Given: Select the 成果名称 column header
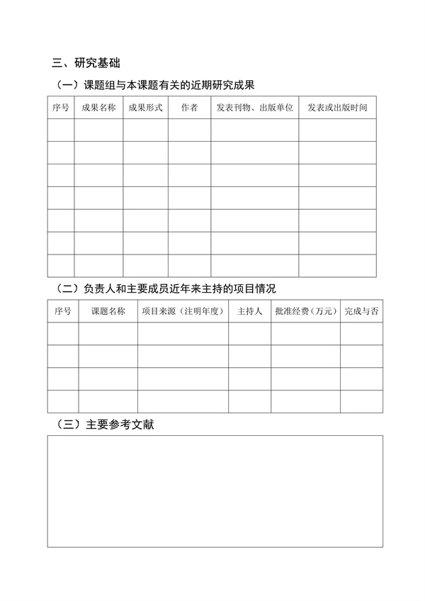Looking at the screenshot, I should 98,108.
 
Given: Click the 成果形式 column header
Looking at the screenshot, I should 145,108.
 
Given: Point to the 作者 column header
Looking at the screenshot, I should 189,108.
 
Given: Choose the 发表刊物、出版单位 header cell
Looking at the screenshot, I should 254,108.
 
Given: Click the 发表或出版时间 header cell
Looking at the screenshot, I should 337,108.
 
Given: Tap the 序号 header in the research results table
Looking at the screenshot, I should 61,108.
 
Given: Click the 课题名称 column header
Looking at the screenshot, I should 108,311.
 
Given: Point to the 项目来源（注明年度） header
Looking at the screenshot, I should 183,311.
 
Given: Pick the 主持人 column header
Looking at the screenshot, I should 249,311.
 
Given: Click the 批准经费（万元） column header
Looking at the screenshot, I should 305,311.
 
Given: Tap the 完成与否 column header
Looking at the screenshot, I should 361,311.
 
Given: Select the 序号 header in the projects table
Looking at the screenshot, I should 62,311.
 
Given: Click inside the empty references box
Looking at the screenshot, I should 215,490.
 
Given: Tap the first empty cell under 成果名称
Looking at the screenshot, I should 98,130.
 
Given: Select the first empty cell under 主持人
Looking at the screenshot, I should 249,333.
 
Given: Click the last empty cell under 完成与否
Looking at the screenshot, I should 361,401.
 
